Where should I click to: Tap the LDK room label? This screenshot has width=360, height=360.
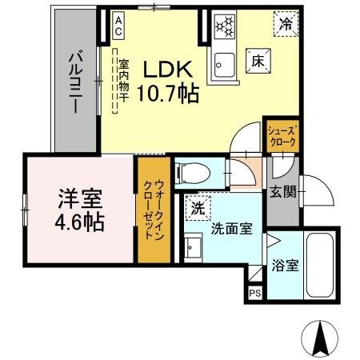[x=167, y=70]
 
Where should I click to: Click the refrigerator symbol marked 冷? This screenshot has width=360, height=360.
[x=286, y=24]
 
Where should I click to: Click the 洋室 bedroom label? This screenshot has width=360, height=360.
[x=79, y=197]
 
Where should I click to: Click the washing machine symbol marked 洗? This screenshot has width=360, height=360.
[x=197, y=208]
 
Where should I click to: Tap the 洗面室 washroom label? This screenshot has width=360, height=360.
[x=232, y=228]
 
